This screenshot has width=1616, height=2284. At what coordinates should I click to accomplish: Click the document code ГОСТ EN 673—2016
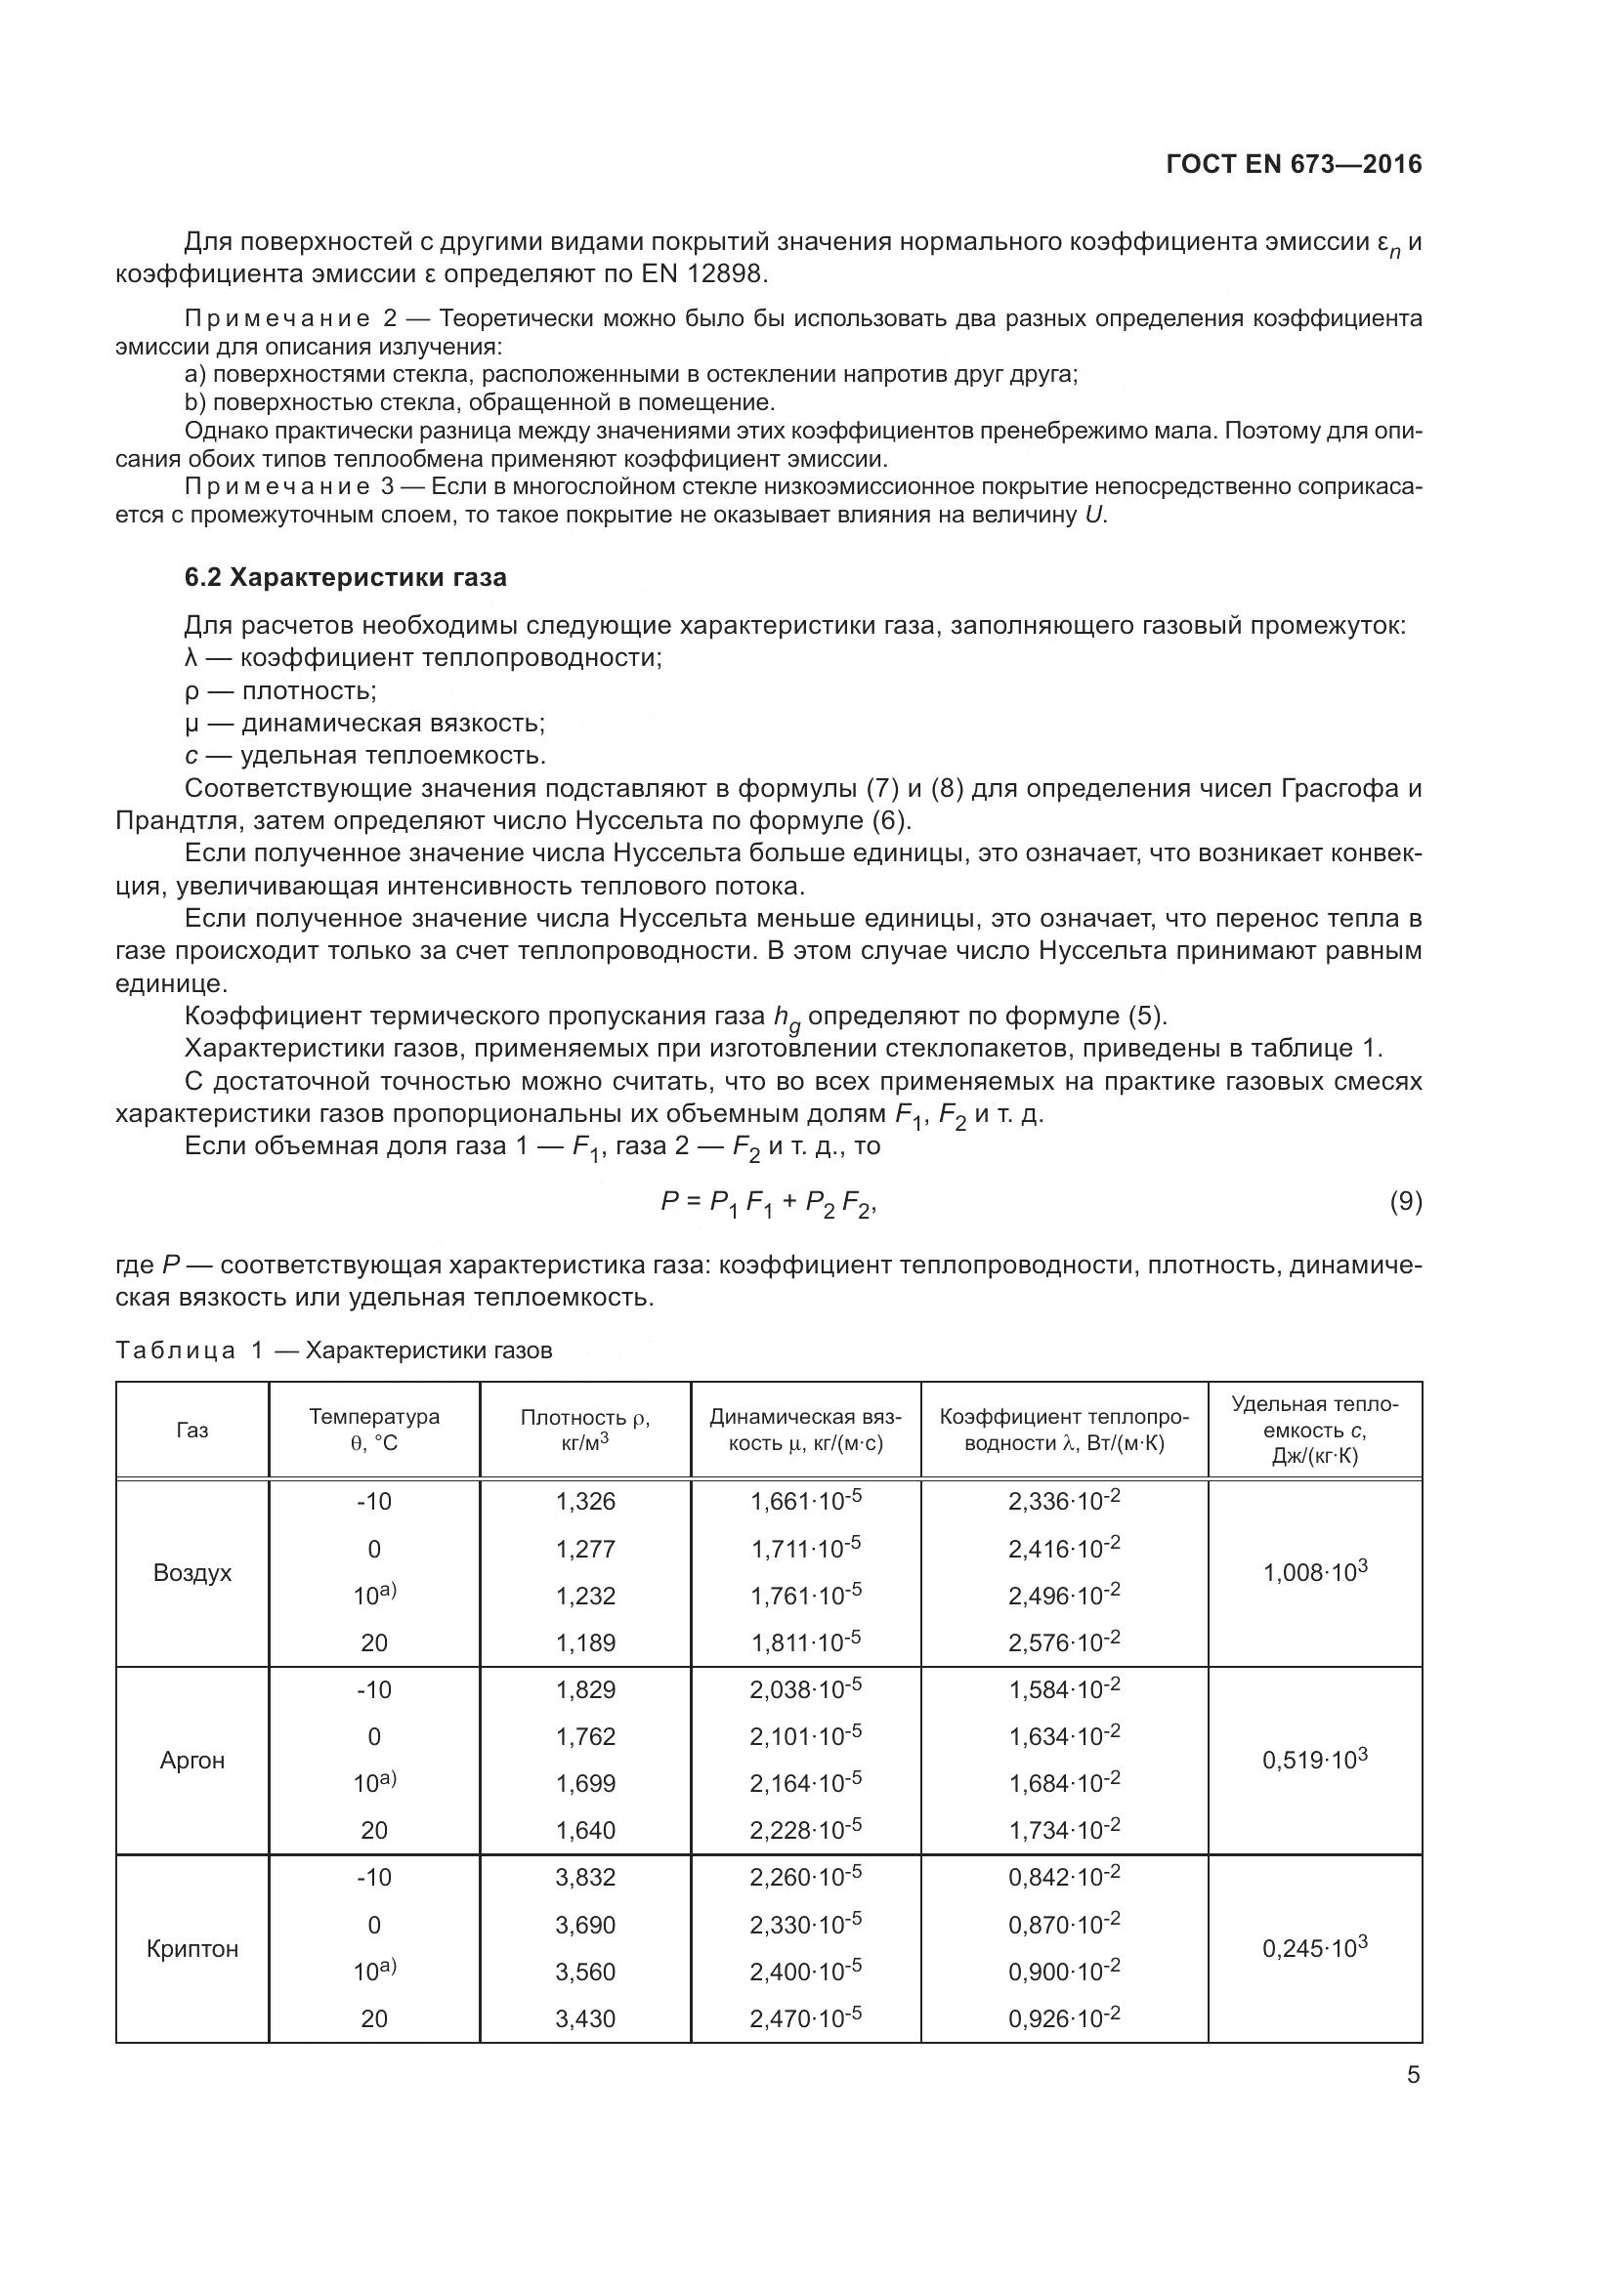1294,164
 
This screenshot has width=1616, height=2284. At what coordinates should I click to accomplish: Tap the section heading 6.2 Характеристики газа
345,578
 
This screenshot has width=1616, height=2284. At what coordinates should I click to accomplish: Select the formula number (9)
1405,1202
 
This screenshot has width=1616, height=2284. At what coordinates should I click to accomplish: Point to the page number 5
1413,2075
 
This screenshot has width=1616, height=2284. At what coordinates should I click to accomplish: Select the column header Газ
192,1430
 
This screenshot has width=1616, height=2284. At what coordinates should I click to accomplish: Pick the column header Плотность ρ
585,1419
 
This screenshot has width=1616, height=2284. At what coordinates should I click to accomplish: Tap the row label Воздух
192,1573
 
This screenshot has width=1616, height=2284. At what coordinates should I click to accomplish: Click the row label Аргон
192,1760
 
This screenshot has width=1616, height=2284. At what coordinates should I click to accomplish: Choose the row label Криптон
192,1948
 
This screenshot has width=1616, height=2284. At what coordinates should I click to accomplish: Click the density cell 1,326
585,1502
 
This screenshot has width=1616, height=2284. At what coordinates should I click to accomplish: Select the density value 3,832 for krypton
585,1877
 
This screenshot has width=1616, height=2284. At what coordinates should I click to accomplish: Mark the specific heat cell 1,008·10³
1314,1573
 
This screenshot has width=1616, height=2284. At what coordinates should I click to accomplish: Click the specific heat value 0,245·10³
1314,1948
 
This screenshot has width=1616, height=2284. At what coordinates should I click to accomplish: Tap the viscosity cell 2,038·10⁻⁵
805,1689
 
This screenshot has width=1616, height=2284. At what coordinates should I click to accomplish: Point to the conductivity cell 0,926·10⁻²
1064,2018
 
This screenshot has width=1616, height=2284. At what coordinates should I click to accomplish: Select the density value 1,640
585,1830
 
